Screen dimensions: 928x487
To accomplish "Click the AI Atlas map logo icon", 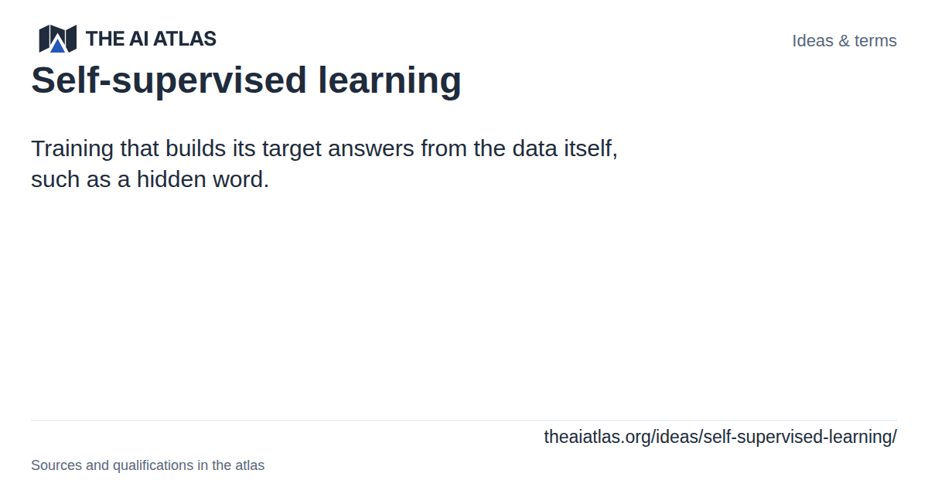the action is point(57,39).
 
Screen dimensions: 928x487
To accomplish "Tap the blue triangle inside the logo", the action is point(58,45).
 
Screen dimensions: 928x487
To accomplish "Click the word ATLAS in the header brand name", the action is point(185,39).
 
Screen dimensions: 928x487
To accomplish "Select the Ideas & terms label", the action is point(844,40).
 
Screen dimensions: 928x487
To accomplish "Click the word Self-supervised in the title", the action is point(169,80).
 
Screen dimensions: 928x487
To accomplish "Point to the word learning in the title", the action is point(390,80).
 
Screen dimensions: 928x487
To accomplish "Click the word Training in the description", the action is point(72,148).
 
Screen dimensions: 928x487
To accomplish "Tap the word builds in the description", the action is point(196,148).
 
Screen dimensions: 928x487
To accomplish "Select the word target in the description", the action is point(292,149).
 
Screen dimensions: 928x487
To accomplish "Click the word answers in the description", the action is point(370,149).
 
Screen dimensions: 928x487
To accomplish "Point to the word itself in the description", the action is point(591,148).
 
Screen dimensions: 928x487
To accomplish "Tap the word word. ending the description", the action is point(241,179).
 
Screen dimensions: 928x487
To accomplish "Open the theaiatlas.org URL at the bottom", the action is point(721,437).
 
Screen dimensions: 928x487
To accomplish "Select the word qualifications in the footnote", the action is point(153,465).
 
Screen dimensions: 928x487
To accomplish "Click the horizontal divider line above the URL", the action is point(464,421).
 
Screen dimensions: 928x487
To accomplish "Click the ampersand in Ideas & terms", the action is point(844,41).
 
